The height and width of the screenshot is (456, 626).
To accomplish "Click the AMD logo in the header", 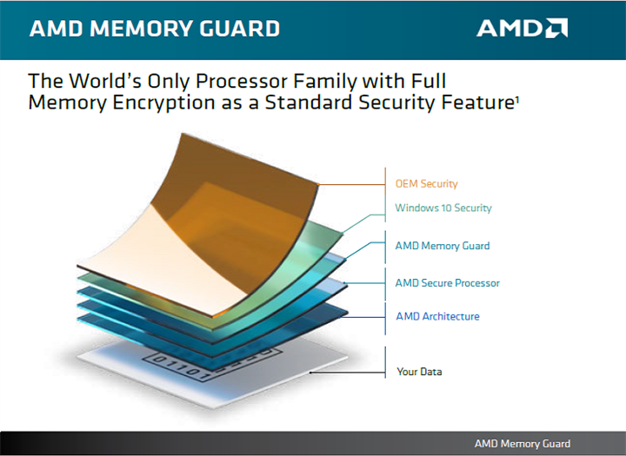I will (522, 28).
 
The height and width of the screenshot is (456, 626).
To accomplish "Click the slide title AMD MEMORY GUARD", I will (155, 29).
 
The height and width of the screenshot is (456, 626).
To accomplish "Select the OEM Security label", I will (426, 184).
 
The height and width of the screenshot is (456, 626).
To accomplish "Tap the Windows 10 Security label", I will (443, 208).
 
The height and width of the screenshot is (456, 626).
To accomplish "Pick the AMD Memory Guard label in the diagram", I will (443, 246).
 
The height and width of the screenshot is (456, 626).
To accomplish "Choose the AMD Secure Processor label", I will (448, 283).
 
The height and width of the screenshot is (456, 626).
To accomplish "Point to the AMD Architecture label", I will (437, 316).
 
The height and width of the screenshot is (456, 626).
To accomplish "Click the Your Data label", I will (420, 372).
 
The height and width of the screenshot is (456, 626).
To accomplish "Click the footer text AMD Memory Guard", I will (523, 443).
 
